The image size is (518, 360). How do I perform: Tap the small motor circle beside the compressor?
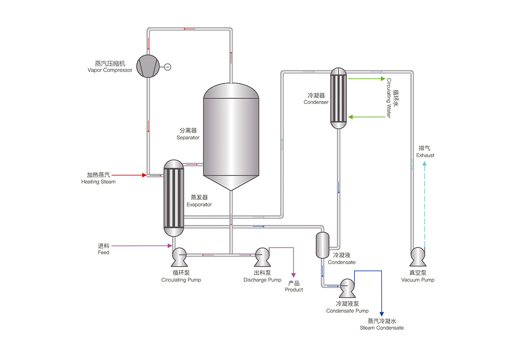(168, 67)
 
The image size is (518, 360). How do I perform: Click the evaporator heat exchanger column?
(174, 198)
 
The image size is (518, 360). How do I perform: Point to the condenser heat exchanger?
(338, 98)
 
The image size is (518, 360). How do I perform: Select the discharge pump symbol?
(262, 257)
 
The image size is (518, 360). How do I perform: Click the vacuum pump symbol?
(418, 257)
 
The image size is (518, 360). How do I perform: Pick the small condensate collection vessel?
(323, 245)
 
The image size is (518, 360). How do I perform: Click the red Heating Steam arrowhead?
(145, 175)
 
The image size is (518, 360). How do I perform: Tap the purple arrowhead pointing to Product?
(294, 274)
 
